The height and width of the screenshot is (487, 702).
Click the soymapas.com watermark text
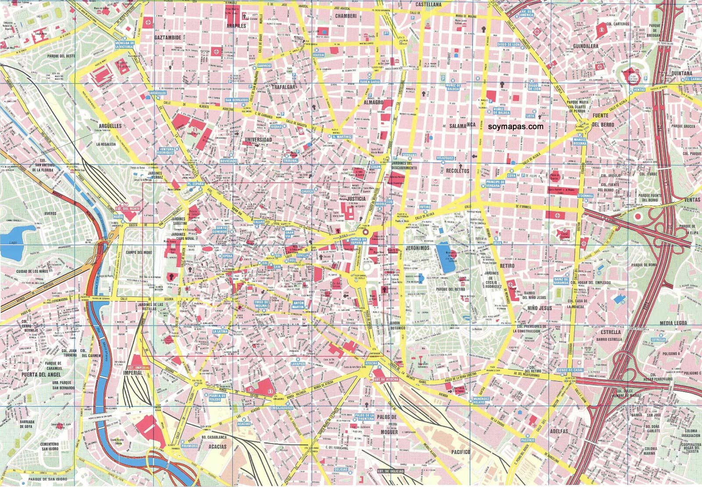(516, 126)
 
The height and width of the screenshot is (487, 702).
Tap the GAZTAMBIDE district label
(168, 38)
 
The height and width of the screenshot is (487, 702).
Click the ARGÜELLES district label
(110, 126)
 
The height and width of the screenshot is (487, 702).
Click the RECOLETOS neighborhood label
(457, 170)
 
